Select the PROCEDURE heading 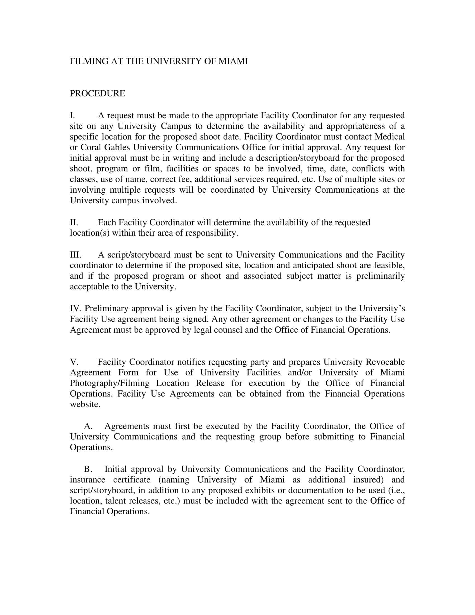(x=97, y=93)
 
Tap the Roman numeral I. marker (x=72, y=115)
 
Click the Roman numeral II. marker (x=74, y=223)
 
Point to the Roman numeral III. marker (x=75, y=255)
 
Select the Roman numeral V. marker (x=74, y=362)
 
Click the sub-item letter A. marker (x=88, y=426)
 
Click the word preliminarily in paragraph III (x=381, y=276)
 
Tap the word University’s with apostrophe (x=382, y=308)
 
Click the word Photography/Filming (x=110, y=383)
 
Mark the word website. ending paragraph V (x=85, y=405)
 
